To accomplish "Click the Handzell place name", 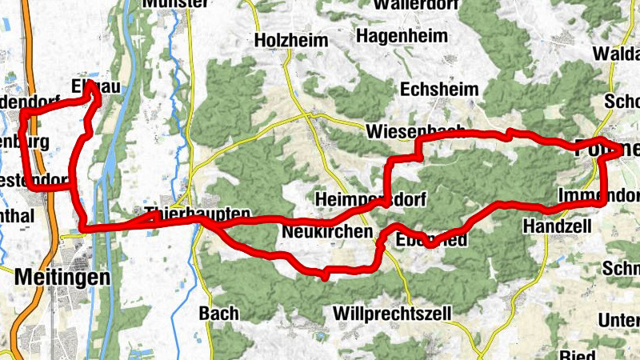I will coord(557,227).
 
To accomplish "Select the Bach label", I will coord(218,313).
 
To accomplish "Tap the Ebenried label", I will coord(431,238).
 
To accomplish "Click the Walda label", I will coord(616,54).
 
